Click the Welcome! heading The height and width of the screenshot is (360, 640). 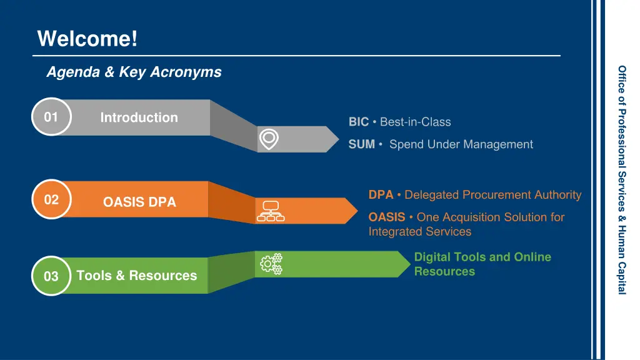87,39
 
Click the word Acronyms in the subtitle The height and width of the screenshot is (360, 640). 186,72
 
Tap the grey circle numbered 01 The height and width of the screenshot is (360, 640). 51,117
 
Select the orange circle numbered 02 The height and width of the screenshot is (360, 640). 51,199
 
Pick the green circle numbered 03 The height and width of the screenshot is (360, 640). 51,276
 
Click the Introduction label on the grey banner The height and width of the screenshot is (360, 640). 139,117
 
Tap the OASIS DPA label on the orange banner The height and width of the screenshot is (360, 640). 139,202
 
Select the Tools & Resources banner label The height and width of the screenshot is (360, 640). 137,276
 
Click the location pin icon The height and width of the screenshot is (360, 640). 269,139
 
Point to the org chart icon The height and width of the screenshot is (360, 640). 271,211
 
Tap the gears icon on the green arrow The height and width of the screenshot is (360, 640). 271,264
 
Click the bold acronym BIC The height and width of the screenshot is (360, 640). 358,122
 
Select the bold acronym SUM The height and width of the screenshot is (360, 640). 362,144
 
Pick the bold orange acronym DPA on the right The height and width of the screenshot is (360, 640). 381,195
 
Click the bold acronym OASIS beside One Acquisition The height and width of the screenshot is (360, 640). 387,217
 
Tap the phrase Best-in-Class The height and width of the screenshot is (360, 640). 416,122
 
